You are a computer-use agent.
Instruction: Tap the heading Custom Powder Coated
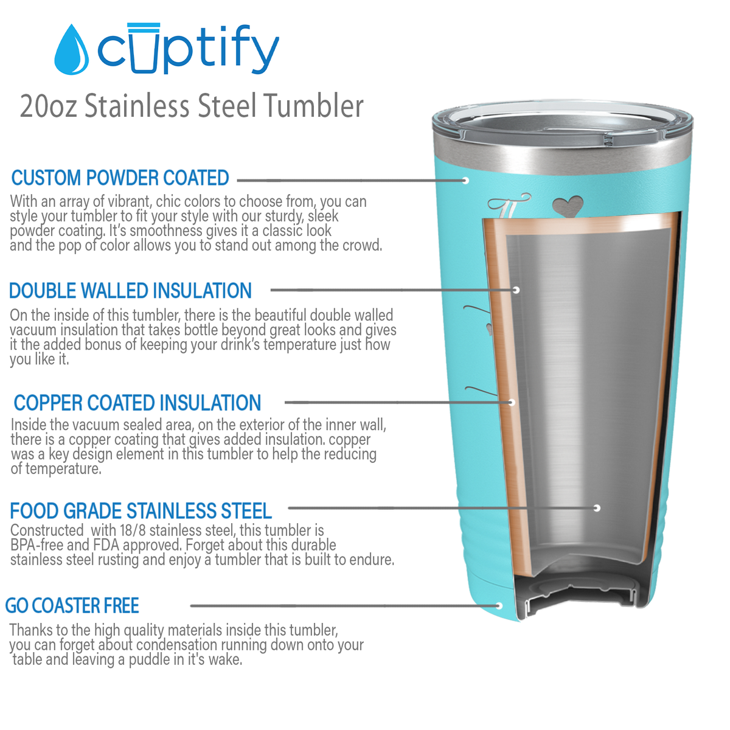(120, 178)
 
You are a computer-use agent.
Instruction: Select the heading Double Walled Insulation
(130, 291)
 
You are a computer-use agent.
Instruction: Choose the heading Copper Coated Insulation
(137, 403)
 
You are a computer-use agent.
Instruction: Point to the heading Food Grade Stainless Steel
(141, 510)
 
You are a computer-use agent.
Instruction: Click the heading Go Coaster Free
(72, 606)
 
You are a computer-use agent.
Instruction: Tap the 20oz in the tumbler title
(49, 106)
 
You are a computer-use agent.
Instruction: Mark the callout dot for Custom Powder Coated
(465, 181)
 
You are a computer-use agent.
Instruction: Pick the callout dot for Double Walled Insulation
(516, 290)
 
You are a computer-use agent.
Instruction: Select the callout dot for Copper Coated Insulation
(512, 402)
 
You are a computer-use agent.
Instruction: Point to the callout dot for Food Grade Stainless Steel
(597, 508)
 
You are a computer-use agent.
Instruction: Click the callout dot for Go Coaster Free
(499, 606)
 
